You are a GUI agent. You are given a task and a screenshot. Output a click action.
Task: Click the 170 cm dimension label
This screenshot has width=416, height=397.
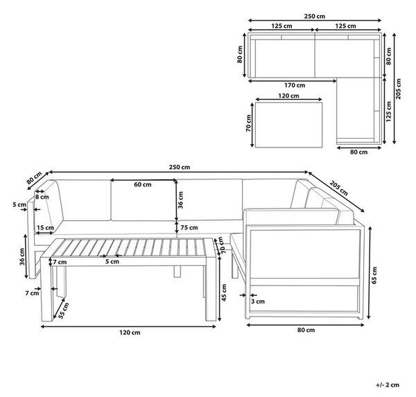tap(295, 85)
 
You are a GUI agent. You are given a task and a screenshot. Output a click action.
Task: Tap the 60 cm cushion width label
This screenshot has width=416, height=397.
tap(143, 184)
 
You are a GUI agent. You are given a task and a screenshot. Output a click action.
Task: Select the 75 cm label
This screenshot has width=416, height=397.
tap(189, 227)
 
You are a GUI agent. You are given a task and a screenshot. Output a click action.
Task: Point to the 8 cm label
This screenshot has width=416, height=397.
tap(42, 197)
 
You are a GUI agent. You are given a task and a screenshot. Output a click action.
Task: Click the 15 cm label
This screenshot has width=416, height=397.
tap(45, 228)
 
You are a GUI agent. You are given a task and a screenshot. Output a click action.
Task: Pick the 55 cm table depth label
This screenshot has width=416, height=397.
tap(64, 310)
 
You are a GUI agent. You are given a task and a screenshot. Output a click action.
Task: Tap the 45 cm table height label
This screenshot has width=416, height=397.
tap(224, 292)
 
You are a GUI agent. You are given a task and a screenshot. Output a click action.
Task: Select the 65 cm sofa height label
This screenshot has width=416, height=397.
tap(374, 276)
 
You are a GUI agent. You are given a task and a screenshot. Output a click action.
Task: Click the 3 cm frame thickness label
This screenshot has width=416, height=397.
tap(258, 301)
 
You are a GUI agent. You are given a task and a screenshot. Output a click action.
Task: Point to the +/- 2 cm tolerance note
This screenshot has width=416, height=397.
tap(388, 385)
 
